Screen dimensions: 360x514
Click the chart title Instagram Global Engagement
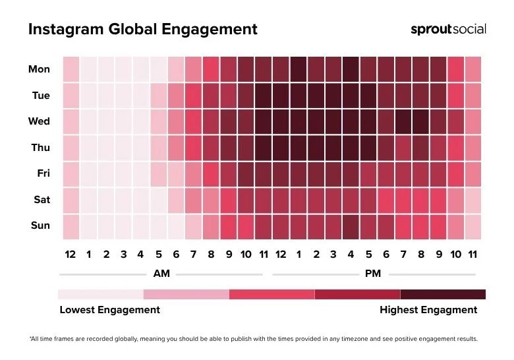[142, 30]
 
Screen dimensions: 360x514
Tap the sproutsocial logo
[448, 29]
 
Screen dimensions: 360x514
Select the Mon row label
[40, 69]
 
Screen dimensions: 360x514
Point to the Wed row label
[40, 121]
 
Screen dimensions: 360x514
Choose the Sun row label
[40, 225]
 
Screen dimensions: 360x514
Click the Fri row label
[42, 173]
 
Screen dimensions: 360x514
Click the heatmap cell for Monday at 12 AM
[71, 69]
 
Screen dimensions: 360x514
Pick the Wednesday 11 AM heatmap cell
[263, 121]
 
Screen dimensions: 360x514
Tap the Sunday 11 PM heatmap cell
[472, 225]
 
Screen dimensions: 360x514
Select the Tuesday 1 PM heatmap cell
[298, 96]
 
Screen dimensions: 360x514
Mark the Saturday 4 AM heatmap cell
[140, 200]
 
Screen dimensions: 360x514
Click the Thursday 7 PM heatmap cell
[403, 148]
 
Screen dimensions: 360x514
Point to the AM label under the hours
[161, 274]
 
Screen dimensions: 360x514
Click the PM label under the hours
[373, 274]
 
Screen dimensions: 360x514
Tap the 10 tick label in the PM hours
[455, 255]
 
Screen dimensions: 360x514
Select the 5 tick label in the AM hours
[158, 255]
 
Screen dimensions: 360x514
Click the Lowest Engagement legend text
[109, 310]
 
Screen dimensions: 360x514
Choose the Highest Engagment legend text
[428, 310]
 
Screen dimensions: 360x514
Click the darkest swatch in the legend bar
[443, 294]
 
